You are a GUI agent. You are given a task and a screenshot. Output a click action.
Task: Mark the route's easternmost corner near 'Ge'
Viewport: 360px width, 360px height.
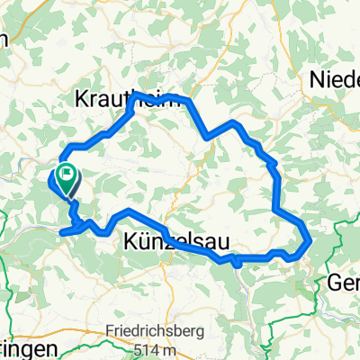pyautogui.click(x=310, y=240)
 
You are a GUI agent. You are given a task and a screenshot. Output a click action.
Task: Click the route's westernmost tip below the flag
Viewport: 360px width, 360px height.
pyautogui.click(x=62, y=231)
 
